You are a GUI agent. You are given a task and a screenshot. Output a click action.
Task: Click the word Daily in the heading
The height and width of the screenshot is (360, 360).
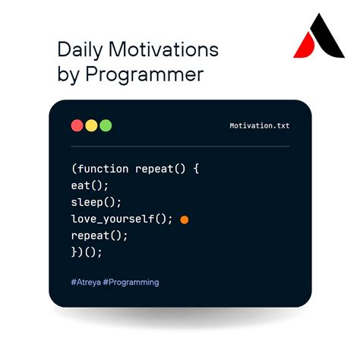pos(80,51)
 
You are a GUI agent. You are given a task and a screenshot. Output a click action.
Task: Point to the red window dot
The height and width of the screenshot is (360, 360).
pos(77,125)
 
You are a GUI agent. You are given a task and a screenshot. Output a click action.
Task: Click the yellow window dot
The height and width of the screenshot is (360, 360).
pos(91,125)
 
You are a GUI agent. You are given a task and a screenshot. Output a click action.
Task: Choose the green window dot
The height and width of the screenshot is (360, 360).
pos(106,125)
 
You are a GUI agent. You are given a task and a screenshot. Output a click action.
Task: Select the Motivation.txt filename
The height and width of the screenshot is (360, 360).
pos(259,126)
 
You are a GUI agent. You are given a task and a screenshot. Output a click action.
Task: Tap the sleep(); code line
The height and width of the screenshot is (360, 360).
pos(96,202)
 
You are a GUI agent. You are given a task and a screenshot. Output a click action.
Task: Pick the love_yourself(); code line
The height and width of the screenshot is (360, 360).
pos(122,219)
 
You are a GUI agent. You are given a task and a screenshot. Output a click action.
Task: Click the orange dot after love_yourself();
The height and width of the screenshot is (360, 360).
pos(185,219)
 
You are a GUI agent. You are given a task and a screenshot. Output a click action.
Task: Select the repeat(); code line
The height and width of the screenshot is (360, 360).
pos(99,235)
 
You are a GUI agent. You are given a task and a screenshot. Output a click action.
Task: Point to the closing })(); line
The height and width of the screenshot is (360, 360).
pos(87,252)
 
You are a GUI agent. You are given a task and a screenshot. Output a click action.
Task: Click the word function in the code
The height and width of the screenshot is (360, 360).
pos(102,168)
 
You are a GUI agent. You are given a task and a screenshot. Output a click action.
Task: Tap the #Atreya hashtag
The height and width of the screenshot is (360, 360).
pos(87,282)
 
